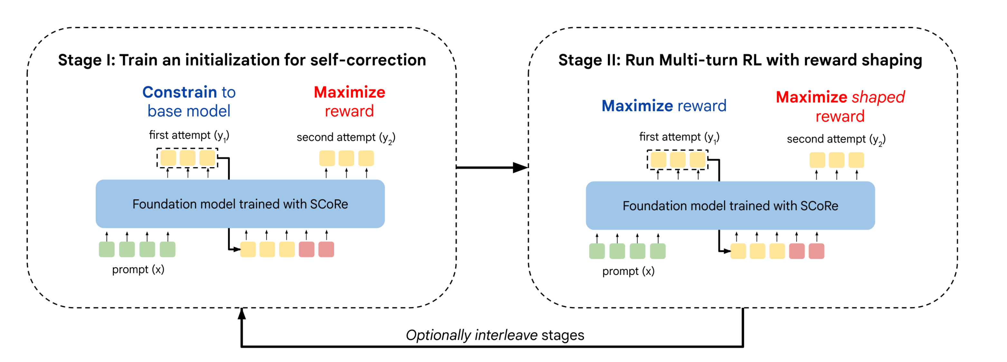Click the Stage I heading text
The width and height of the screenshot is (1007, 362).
coord(242,60)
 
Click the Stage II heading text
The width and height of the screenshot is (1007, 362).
coord(740,60)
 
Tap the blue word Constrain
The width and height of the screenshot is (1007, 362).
coord(179,92)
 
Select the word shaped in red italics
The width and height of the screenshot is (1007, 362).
coord(878,97)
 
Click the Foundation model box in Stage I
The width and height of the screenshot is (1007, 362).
coord(240,204)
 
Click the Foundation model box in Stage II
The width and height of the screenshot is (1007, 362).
coord(730,206)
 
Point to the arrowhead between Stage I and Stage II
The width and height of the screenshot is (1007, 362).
coord(521,167)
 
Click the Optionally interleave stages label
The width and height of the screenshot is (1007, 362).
coord(495,335)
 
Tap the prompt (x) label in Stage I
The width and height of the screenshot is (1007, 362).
coord(138,269)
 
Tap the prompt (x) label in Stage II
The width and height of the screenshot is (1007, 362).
coord(628,271)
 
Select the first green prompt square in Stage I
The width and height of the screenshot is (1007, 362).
coord(107,249)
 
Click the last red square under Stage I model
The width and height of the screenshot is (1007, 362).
coord(326,249)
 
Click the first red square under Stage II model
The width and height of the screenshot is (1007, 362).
coord(797,251)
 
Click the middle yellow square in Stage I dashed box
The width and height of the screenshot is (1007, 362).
coord(188,158)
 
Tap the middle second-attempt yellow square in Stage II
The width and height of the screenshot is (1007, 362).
coord(837,160)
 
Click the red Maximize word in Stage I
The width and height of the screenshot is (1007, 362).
coord(350,92)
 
